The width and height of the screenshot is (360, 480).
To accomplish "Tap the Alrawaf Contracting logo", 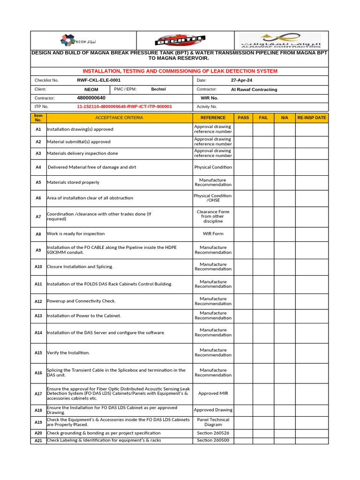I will click(280, 40).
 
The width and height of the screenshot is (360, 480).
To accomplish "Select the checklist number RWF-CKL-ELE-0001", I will click(98, 80).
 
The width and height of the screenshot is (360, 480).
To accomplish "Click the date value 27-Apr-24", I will click(241, 80).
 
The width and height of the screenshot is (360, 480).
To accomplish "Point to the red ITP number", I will click(124, 106).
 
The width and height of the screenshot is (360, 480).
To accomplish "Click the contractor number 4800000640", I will click(91, 98).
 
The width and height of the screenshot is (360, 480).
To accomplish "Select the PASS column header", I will click(243, 118).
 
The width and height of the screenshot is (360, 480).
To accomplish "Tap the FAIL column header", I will click(263, 118).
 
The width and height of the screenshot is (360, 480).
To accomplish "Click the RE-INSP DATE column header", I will click(312, 118).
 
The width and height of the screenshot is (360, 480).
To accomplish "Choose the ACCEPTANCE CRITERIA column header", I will click(119, 118).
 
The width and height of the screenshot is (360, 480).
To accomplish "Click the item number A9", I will click(38, 250).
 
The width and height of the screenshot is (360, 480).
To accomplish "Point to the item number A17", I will click(38, 393).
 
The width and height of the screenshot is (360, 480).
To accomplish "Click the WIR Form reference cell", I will click(213, 233).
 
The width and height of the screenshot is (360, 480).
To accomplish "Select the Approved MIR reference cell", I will click(213, 393).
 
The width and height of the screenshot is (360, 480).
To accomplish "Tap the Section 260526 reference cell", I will click(213, 433).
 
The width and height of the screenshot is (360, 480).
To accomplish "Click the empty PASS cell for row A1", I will click(243, 129).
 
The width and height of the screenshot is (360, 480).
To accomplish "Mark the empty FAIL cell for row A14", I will click(263, 332).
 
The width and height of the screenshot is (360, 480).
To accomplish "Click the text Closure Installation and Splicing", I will click(80, 267).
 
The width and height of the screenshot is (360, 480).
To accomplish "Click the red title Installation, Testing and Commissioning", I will click(180, 71).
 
